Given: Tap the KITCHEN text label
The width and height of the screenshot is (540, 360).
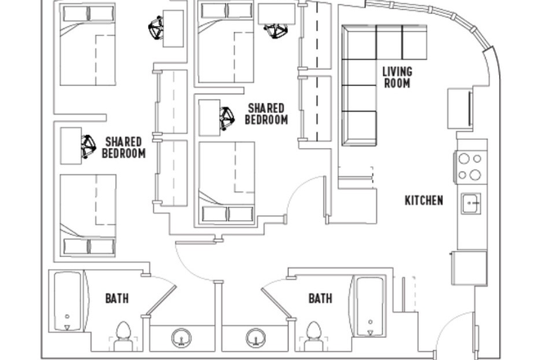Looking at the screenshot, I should [424, 200].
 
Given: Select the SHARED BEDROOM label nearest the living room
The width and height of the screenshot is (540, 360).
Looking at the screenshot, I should [267, 114].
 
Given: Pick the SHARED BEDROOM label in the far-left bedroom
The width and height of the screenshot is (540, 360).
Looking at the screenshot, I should [124, 147].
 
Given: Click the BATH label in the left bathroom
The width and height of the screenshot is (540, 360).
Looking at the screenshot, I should [116, 299].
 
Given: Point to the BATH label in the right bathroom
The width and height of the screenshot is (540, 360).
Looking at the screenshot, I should [320, 299].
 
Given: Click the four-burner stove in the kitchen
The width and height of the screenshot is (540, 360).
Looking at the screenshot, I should [470, 167].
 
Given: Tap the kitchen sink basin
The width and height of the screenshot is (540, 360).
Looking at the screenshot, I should [471, 203].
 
